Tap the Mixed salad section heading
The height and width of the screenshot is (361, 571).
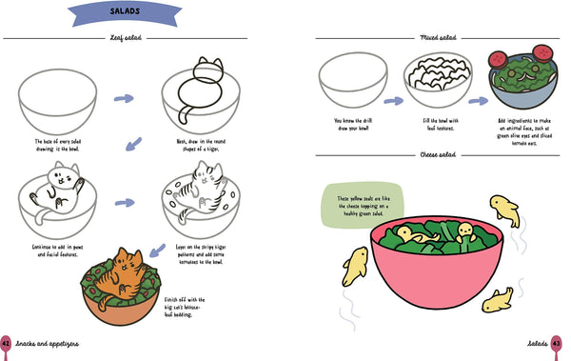click(439, 38)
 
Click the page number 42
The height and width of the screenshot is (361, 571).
click(6, 343)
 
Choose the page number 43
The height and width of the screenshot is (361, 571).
click(556, 343)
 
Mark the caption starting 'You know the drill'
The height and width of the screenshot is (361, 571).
click(349, 126)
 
